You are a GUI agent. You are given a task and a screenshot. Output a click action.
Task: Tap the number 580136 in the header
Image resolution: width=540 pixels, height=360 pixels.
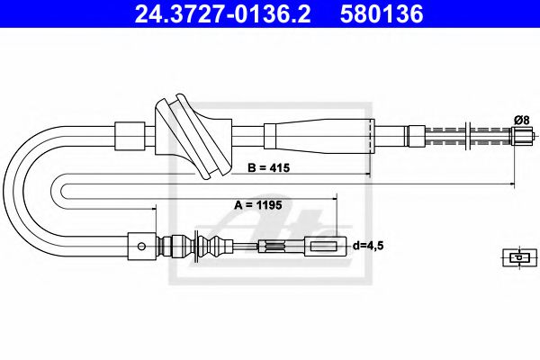[x=384, y=15]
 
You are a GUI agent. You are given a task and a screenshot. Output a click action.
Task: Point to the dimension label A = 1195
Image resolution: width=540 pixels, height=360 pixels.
[x=258, y=205]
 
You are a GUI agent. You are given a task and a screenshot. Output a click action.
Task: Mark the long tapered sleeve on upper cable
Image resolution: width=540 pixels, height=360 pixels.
[x=319, y=137]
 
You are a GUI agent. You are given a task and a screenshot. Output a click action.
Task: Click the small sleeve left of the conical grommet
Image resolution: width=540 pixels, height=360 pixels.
[x=130, y=137]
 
